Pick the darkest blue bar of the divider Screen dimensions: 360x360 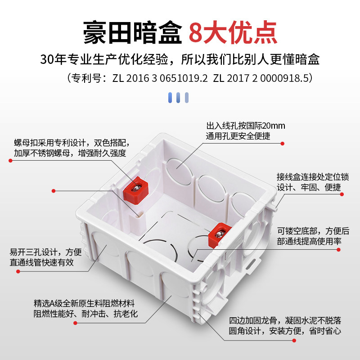pos(171,97)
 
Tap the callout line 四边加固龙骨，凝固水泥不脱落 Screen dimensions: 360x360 pos(285,320)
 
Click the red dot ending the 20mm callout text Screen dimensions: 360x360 pos(282,144)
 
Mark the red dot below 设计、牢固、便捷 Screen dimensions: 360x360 pos(342,194)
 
